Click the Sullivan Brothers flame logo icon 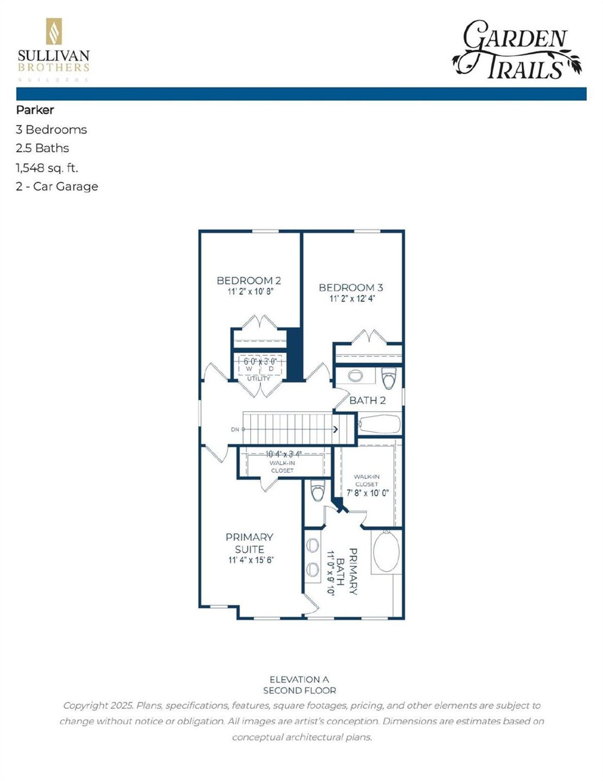(54, 32)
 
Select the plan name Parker (35, 110)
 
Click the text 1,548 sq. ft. (47, 167)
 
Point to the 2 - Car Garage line (57, 187)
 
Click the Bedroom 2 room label (249, 280)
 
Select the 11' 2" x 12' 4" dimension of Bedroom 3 (351, 299)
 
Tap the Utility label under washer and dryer (259, 378)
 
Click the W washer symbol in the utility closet (249, 369)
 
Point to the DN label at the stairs (235, 429)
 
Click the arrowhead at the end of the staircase (335, 429)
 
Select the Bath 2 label (367, 400)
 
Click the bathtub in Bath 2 (380, 423)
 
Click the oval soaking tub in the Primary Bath (386, 551)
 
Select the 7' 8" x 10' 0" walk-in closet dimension (367, 493)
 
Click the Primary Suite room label (249, 543)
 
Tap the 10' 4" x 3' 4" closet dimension (283, 454)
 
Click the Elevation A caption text (299, 679)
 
